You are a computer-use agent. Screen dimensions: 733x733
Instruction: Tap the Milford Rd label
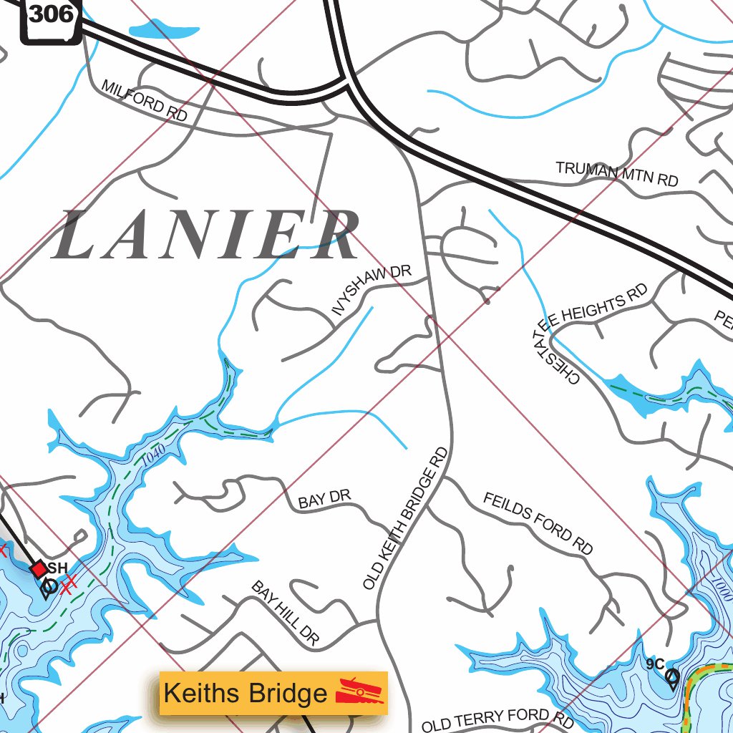coord(144,99)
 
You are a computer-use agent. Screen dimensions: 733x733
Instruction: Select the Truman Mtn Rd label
coord(616,173)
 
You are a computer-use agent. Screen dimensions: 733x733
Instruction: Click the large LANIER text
coord(205,236)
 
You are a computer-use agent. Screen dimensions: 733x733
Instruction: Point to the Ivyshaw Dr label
coord(372,290)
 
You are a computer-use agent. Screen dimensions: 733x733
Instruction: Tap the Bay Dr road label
coord(324,500)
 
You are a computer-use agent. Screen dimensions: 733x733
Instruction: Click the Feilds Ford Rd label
coord(538,523)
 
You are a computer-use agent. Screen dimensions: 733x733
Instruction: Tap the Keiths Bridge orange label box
coord(273,693)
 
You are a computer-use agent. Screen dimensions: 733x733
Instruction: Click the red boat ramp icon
coord(360,691)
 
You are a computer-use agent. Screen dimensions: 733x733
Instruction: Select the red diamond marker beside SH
coord(39,569)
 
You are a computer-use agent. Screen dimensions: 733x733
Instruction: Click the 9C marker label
coord(655,664)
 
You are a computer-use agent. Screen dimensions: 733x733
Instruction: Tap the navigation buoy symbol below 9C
coord(672,678)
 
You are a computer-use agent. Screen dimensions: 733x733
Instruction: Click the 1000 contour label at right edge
coord(722,587)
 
